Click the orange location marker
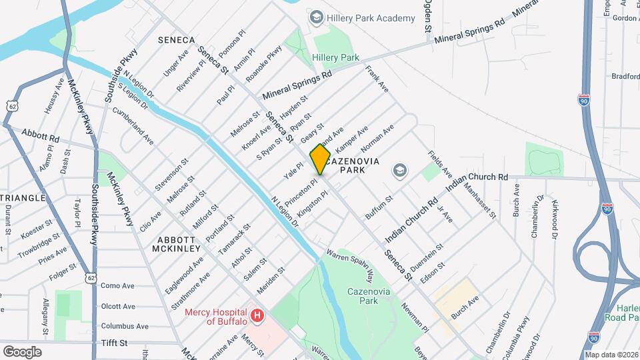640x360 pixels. pos(320,160)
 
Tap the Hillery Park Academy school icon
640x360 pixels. pos(317,17)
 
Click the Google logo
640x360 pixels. pos(22,351)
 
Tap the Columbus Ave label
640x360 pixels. pos(125,326)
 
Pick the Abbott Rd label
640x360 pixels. pos(40,135)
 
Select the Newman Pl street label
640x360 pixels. pos(415,317)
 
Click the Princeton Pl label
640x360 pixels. pos(301,192)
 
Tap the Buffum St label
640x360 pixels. pos(379,207)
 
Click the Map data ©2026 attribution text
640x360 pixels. pos(611,354)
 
